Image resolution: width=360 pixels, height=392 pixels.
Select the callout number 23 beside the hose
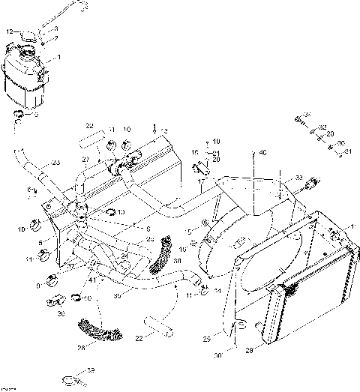tap(55, 163)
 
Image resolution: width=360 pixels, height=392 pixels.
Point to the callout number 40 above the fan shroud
tap(262, 154)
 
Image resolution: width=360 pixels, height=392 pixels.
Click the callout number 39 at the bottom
tap(91, 370)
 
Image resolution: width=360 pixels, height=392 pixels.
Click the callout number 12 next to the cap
tap(10, 32)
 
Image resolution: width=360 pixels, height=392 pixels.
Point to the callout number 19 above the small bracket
tap(216, 141)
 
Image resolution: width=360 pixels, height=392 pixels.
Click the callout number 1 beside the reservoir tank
tap(59, 57)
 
